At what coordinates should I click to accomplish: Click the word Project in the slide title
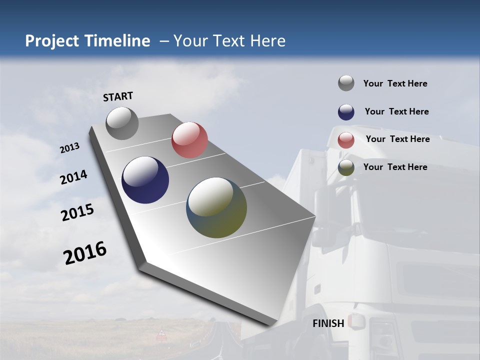[51, 41]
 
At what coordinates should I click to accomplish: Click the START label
[118, 96]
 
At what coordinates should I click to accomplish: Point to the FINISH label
[328, 323]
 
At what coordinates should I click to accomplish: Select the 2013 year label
[69, 148]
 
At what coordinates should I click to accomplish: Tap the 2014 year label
[73, 177]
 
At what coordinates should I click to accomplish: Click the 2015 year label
[77, 212]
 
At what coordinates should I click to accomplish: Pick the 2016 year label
[85, 253]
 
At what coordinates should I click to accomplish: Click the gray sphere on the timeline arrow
[122, 123]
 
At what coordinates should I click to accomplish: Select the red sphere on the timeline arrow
[189, 140]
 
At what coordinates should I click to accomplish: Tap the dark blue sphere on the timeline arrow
[145, 180]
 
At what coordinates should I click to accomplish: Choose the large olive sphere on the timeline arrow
[216, 207]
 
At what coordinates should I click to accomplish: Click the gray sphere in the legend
[346, 83]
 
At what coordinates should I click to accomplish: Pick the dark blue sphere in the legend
[346, 112]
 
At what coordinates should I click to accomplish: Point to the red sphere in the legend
[346, 140]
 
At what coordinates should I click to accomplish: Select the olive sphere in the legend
[346, 167]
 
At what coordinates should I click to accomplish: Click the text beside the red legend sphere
[397, 139]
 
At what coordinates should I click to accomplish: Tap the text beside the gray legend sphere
[395, 83]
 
